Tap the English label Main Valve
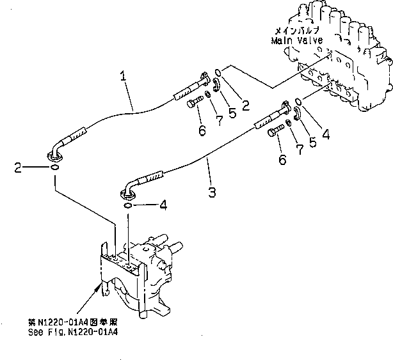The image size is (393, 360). click(x=296, y=40)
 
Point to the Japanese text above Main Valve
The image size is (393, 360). click(x=296, y=30)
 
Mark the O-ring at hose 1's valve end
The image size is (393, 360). click(x=218, y=72)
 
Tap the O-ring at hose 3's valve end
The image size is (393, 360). click(x=298, y=100)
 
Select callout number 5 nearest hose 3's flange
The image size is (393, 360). click(x=312, y=141)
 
